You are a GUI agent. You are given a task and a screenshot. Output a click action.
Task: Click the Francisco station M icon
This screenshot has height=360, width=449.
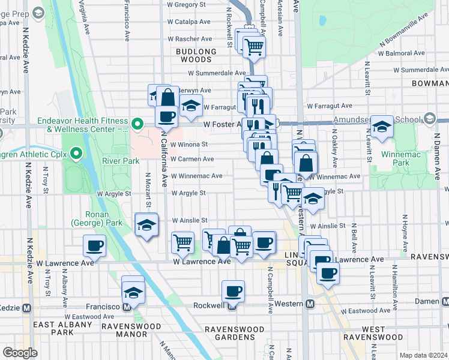click(127, 307)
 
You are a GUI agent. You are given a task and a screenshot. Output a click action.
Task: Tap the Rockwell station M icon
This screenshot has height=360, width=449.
click(232, 305)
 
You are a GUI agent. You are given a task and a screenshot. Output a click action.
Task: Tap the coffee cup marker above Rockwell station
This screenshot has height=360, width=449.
click(233, 292)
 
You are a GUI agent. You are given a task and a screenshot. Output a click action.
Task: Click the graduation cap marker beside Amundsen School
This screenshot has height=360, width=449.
click(381, 127)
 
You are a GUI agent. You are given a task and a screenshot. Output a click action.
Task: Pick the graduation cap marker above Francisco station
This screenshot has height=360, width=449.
click(133, 292)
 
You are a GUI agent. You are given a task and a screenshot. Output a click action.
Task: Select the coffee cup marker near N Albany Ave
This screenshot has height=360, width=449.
click(95, 245)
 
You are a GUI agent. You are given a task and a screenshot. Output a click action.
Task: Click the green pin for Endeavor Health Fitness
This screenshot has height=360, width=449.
click(137, 125)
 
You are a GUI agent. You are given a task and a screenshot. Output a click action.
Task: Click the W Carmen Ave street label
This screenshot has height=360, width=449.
click(191, 160)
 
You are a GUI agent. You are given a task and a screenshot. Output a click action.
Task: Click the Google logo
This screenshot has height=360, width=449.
click(20, 353)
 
